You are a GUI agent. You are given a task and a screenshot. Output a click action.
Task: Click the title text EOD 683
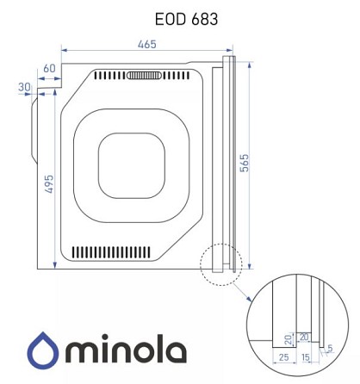click(186, 19)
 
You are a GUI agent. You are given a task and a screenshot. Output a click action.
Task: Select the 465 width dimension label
click(147, 44)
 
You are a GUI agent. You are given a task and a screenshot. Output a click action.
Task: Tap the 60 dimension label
click(49, 68)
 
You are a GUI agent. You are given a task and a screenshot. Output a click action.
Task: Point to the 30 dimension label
click(24, 87)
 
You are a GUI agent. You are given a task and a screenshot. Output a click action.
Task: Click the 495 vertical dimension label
click(49, 183)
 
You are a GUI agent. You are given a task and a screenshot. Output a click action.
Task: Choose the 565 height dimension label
click(245, 163)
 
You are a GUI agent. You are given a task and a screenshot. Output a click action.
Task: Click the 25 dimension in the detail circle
click(283, 357)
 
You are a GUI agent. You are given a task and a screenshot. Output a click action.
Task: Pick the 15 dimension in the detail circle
click(306, 357)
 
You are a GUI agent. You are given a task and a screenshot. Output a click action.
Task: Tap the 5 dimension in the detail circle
click(330, 349)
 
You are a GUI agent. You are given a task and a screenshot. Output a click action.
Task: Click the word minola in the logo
click(126, 349)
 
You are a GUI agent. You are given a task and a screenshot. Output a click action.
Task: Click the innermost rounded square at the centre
click(132, 165)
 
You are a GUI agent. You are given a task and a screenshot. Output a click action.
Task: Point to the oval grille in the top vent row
click(143, 76)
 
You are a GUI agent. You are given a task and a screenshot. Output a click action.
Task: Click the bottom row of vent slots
click(111, 252)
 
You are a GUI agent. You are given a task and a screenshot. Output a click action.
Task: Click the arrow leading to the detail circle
click(242, 293)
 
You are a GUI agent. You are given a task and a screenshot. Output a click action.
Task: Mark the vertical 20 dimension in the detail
click(289, 340)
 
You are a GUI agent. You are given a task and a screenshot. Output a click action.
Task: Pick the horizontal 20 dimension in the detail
click(304, 337)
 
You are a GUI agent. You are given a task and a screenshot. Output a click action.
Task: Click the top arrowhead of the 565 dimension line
click(250, 65)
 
